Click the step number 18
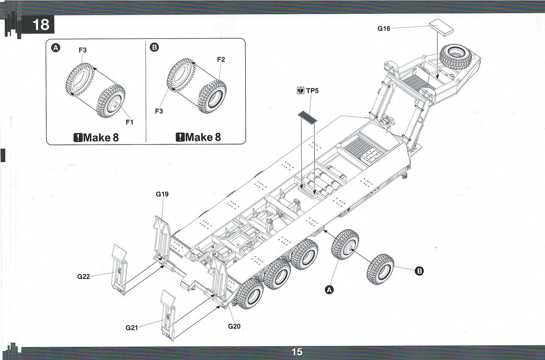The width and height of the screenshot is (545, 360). (41, 25)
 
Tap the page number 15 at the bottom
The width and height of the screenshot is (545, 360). (296, 352)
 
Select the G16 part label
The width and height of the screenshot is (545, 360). (384, 29)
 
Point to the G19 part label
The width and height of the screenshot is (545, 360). (163, 195)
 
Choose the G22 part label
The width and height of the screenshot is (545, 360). (84, 277)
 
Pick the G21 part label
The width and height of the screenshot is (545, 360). (133, 327)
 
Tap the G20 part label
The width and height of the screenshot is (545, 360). (234, 326)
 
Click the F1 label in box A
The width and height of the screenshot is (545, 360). (130, 122)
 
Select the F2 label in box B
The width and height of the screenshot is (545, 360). (221, 60)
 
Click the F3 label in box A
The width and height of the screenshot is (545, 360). (83, 50)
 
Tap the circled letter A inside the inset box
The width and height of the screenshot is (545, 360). (56, 47)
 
